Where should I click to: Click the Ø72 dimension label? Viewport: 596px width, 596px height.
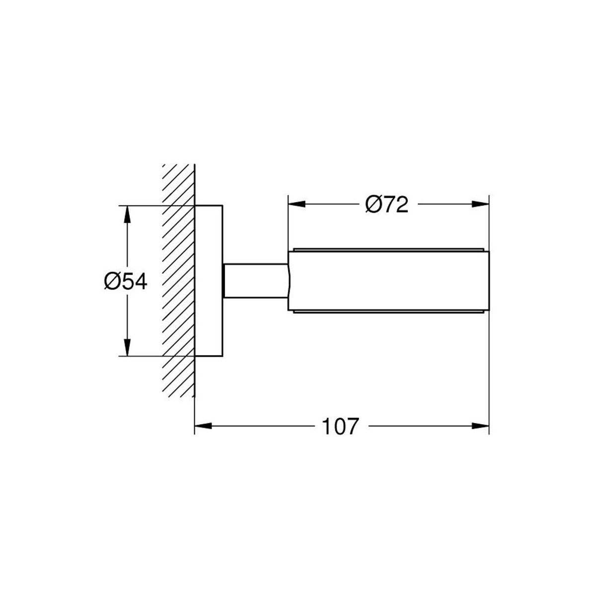[x=386, y=205]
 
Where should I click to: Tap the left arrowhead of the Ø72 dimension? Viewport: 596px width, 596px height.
[x=297, y=204]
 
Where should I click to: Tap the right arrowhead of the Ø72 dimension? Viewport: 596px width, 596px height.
[x=480, y=204]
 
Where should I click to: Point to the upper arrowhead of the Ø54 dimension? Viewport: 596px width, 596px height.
[x=127, y=215]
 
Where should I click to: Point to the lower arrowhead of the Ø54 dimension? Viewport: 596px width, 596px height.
[x=127, y=347]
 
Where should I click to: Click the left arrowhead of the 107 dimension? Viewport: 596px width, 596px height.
[x=203, y=426]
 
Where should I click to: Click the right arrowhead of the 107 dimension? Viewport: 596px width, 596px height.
[x=480, y=426]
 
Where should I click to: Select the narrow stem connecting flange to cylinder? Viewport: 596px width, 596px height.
[x=256, y=281]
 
